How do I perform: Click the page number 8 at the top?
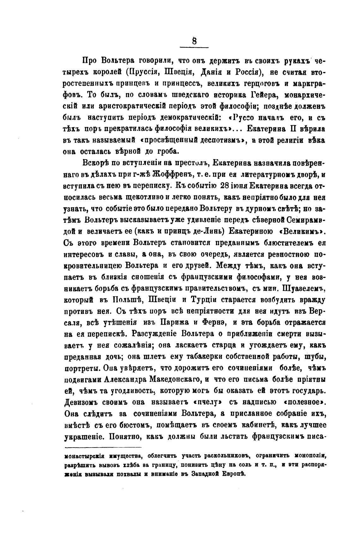tap(194, 41)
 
